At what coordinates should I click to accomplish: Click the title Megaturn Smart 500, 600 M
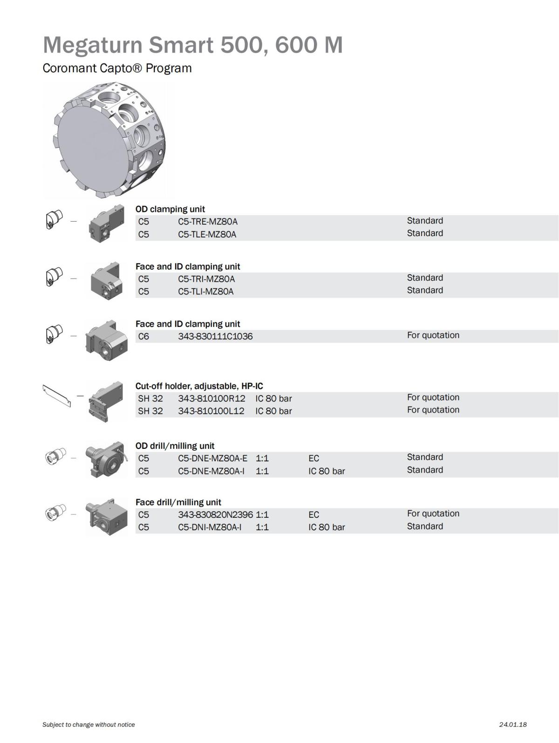tap(192, 45)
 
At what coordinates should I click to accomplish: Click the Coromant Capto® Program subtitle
tap(117, 68)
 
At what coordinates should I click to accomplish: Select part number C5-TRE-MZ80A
tap(207, 222)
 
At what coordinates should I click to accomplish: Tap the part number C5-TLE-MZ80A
tap(207, 234)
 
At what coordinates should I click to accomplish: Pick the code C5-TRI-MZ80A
tap(206, 279)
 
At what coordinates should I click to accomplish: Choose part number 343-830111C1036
tap(215, 336)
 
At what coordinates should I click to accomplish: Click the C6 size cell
tap(143, 336)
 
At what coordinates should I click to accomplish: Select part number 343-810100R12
tap(211, 399)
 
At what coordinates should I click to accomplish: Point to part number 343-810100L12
tap(211, 411)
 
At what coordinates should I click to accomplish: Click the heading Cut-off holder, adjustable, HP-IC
tap(199, 386)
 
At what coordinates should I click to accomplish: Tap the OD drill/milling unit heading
tap(175, 446)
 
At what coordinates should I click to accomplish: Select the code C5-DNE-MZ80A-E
tap(212, 458)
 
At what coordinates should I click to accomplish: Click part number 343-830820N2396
tap(215, 515)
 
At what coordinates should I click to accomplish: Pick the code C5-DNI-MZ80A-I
tap(209, 527)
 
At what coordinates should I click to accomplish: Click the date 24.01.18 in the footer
tap(512, 724)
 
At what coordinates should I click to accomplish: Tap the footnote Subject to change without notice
tap(89, 724)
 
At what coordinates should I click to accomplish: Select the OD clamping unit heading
tap(170, 209)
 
